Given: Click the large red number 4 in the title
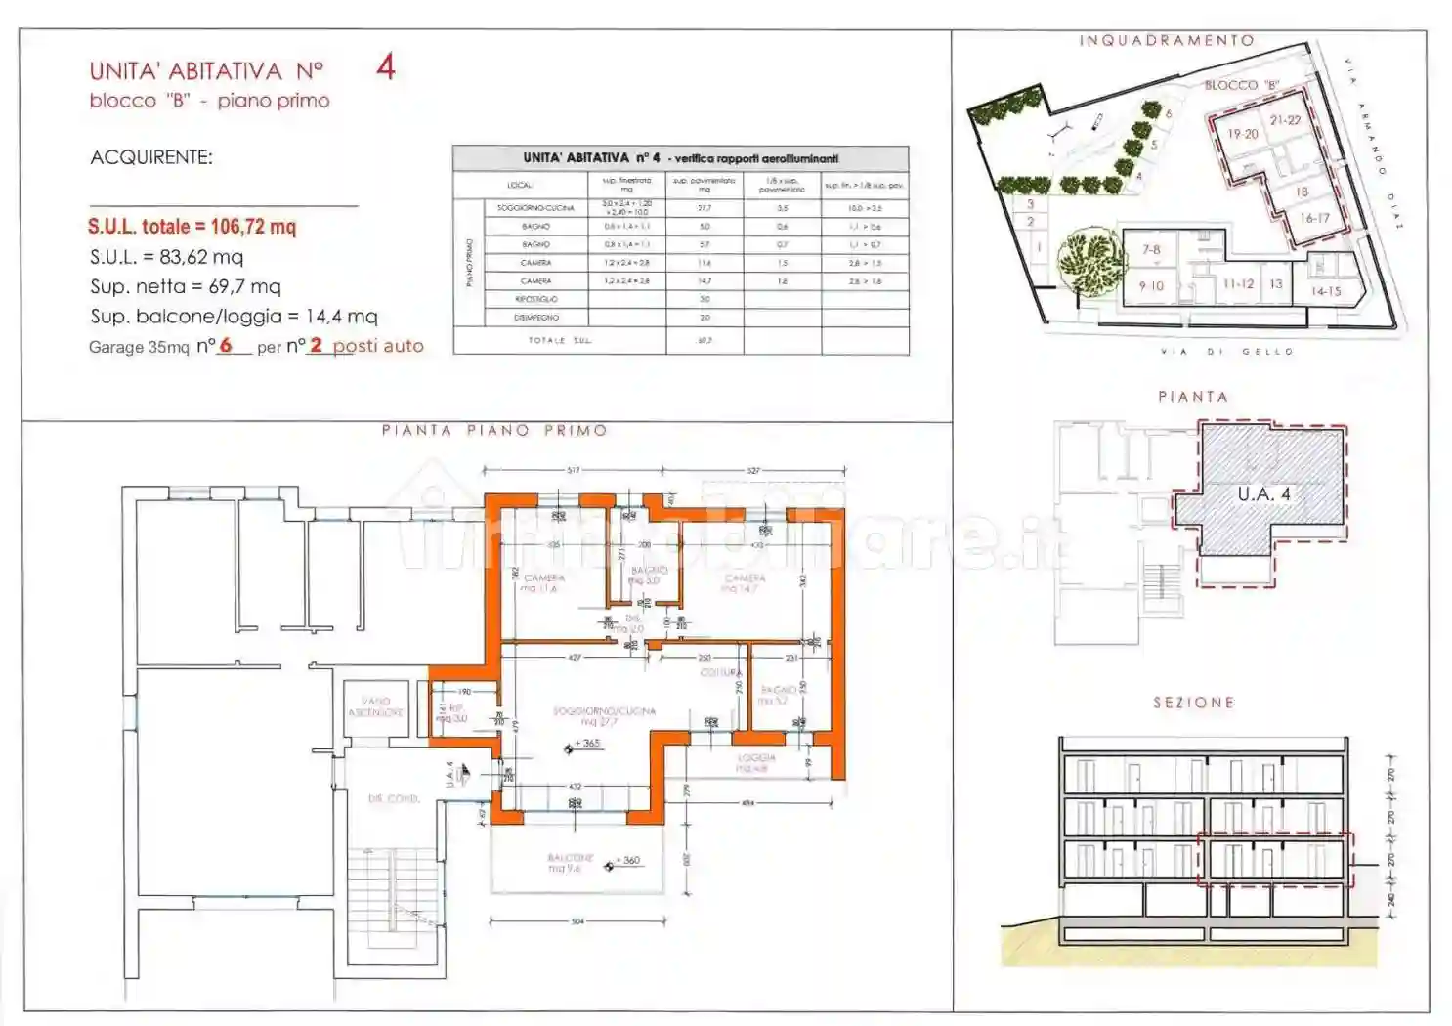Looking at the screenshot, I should coord(386,67).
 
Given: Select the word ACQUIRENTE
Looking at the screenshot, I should coord(150,157).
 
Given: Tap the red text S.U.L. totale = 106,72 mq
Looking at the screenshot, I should coord(192,227).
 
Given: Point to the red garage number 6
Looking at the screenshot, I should coord(226,345).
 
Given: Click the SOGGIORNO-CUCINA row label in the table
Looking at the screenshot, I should coord(535,208).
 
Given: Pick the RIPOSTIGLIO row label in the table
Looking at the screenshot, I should coord(535,299).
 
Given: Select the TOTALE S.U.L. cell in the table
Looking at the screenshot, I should coord(560,340).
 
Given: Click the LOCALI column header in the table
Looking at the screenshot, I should coord(520,185).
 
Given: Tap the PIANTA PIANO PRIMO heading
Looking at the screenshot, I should coord(494,430).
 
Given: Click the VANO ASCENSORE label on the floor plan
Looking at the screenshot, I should coord(376,706).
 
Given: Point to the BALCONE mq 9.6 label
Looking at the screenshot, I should coord(570,862).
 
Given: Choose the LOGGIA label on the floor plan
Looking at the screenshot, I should coord(755,762).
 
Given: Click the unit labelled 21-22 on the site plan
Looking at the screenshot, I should coord(1285,120).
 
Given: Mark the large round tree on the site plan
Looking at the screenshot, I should coord(1087,258).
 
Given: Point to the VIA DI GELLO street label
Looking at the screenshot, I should coord(1226,352).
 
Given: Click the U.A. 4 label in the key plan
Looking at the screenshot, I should coord(1263,494).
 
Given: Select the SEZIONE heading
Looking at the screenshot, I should coord(1193,703).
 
